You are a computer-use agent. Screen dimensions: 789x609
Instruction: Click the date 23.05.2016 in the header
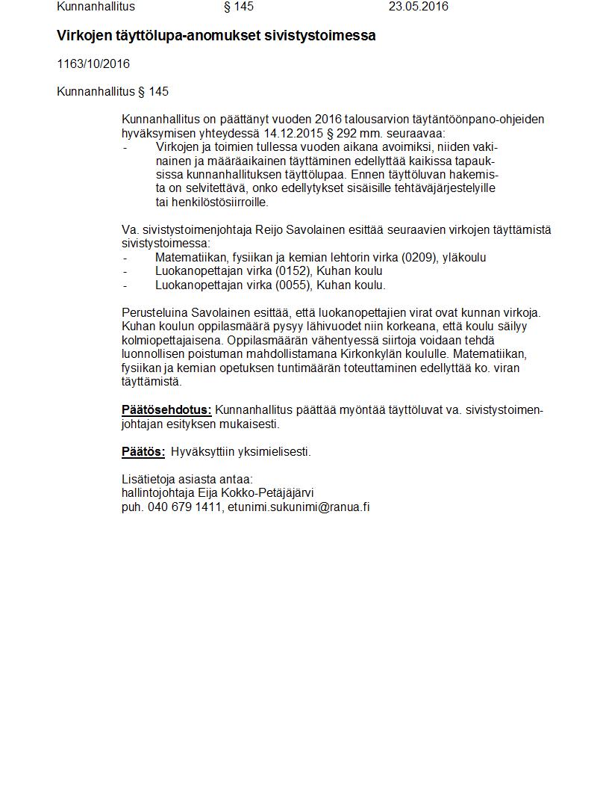coord(418,7)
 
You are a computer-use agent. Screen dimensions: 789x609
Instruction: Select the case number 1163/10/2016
coord(93,64)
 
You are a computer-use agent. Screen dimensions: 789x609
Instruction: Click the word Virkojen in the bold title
coord(84,36)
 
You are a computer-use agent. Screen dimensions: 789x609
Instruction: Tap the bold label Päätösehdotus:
coord(166,410)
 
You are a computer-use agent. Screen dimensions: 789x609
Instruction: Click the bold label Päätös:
coord(143,452)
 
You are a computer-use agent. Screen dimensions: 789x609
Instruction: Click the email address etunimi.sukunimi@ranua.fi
coord(298,507)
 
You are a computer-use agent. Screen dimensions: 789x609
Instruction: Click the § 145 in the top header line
coord(239,7)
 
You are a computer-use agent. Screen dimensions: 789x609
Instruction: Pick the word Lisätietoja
coord(149,480)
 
